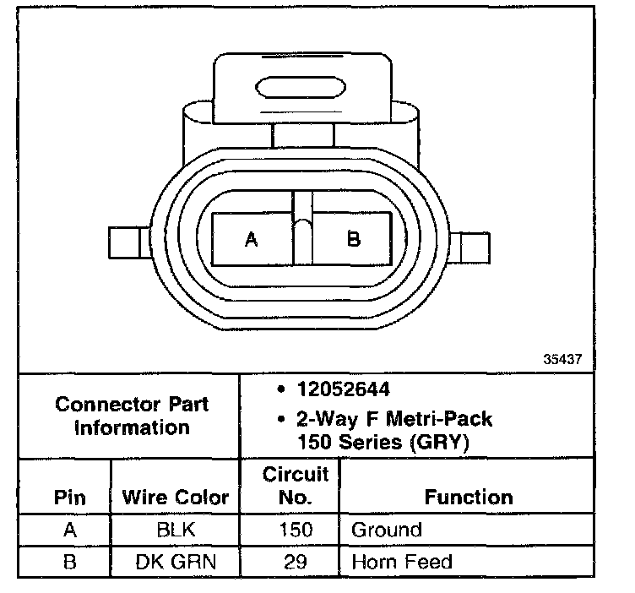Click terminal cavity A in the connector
[252, 239]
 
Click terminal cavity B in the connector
[352, 239]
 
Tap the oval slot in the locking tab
[301, 87]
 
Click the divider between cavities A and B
[302, 228]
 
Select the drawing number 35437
[562, 359]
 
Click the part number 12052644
[344, 389]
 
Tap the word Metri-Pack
[439, 418]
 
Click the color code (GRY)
[440, 442]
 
